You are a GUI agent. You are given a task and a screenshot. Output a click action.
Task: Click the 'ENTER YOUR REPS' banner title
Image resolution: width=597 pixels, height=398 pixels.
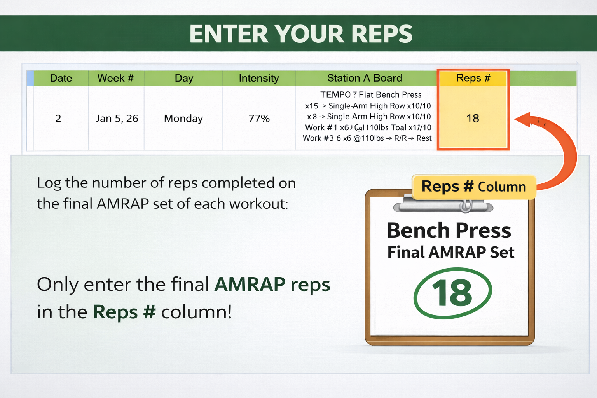click(x=300, y=34)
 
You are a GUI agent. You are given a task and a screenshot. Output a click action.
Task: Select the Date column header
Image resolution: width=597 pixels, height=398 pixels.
click(x=61, y=78)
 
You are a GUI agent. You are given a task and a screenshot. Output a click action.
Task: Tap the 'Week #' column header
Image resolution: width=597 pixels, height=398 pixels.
click(x=115, y=78)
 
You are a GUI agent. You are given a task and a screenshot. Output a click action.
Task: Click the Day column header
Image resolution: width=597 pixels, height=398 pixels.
click(x=184, y=78)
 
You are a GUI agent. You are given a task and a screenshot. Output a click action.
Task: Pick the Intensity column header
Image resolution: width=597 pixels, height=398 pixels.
click(x=259, y=78)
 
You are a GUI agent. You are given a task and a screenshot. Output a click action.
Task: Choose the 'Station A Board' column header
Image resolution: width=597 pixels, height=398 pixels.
click(x=365, y=78)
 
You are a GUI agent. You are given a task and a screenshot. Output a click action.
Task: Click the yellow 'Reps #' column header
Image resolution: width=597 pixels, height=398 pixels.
click(x=473, y=78)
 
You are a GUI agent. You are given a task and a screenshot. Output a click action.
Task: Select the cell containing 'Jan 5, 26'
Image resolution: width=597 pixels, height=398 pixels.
click(x=117, y=119)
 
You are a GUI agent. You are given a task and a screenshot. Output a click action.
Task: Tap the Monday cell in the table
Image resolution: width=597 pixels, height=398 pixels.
click(x=183, y=119)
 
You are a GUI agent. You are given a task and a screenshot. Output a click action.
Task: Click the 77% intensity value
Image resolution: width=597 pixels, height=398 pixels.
click(x=259, y=119)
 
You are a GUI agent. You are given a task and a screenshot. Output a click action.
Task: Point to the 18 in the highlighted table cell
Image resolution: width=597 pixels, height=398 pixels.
click(x=473, y=119)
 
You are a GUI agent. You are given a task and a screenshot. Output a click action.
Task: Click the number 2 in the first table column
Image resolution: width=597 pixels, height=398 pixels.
click(x=58, y=119)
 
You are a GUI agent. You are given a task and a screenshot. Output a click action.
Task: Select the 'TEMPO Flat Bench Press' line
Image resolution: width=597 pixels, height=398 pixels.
click(x=371, y=95)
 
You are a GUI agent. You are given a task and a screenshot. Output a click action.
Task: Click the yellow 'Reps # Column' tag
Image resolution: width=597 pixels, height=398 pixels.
click(x=474, y=187)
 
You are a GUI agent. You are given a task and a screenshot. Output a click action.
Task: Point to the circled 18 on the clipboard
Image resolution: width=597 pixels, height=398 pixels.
click(x=452, y=293)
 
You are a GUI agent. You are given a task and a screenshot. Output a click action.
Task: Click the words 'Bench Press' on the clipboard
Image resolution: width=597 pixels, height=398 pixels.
click(x=449, y=230)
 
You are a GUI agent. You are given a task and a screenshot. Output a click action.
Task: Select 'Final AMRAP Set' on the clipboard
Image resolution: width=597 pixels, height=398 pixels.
click(x=451, y=252)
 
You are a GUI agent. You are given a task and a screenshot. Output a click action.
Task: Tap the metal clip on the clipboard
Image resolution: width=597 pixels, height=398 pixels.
click(x=443, y=206)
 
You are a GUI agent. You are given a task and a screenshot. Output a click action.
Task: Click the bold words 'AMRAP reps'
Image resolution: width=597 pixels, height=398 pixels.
click(x=272, y=285)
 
